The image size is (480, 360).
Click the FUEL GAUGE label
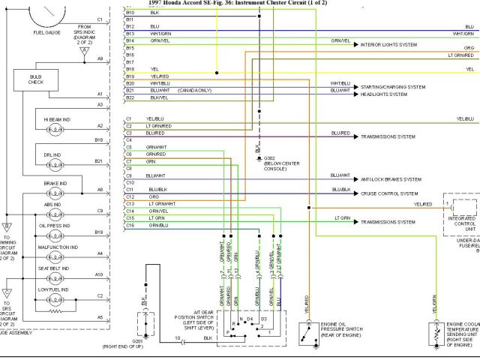(x=48, y=34)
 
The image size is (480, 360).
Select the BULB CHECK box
(x=37, y=80)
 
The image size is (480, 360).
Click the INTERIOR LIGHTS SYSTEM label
(x=388, y=45)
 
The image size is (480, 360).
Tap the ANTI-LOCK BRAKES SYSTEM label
(x=391, y=180)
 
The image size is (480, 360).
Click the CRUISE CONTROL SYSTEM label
(x=389, y=193)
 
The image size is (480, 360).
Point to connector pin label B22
(x=130, y=97)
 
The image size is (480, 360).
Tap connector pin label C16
(x=130, y=225)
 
